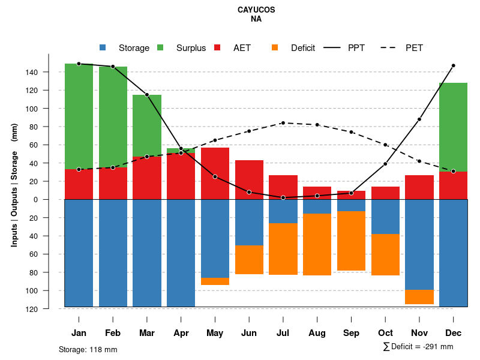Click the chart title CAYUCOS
(x=256, y=10)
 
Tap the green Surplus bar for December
(x=453, y=127)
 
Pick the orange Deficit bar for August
(x=317, y=244)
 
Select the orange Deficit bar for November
(x=419, y=297)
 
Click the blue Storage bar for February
(x=113, y=253)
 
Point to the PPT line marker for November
(x=419, y=119)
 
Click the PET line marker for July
(x=283, y=123)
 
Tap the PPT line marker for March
(x=147, y=95)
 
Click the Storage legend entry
(x=126, y=48)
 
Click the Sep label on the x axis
(x=351, y=333)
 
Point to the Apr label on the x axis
(x=181, y=333)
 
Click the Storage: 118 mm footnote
(x=88, y=349)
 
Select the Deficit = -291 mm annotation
(x=418, y=347)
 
